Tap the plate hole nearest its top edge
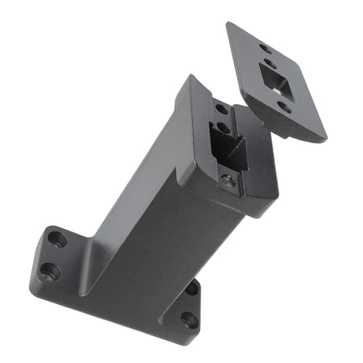point(265,48)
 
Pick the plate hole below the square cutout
point(284,106)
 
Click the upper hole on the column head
point(220,109)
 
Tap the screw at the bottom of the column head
point(229,181)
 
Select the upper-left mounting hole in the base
point(56,240)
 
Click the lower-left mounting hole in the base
point(50,270)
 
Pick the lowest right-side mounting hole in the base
point(190,320)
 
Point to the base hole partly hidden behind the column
point(191,287)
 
